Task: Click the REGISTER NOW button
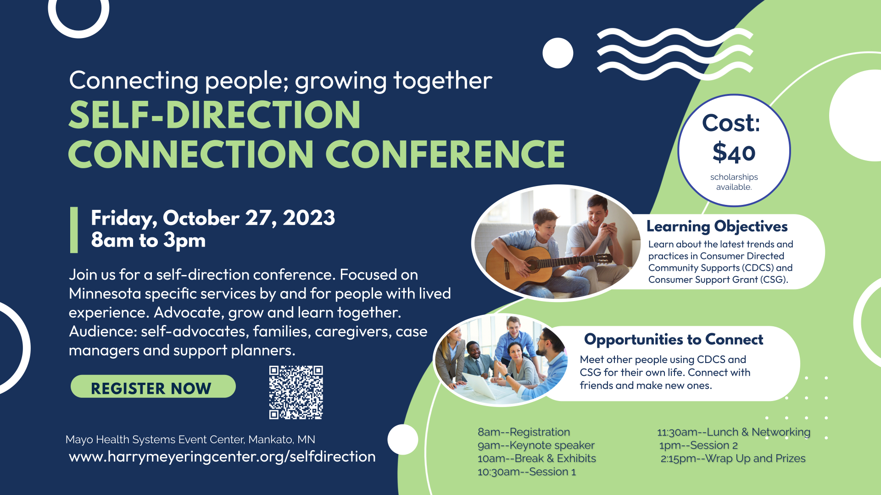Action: [153, 386]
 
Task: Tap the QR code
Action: [296, 392]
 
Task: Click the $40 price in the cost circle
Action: [734, 153]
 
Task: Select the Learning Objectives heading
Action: [717, 226]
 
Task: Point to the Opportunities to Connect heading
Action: [674, 340]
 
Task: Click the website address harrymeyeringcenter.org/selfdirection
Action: [222, 456]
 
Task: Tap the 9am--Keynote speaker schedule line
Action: [536, 445]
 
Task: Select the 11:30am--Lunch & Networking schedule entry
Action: [734, 432]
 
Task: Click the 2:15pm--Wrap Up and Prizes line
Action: [733, 458]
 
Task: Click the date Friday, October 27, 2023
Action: [213, 218]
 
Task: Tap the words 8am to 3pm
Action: [148, 240]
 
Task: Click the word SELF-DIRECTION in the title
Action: [215, 115]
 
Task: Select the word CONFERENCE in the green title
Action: [445, 154]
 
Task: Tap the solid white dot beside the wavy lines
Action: [558, 53]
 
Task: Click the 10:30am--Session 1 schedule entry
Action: [527, 472]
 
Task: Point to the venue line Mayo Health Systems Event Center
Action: [190, 440]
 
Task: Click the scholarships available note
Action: [734, 182]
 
